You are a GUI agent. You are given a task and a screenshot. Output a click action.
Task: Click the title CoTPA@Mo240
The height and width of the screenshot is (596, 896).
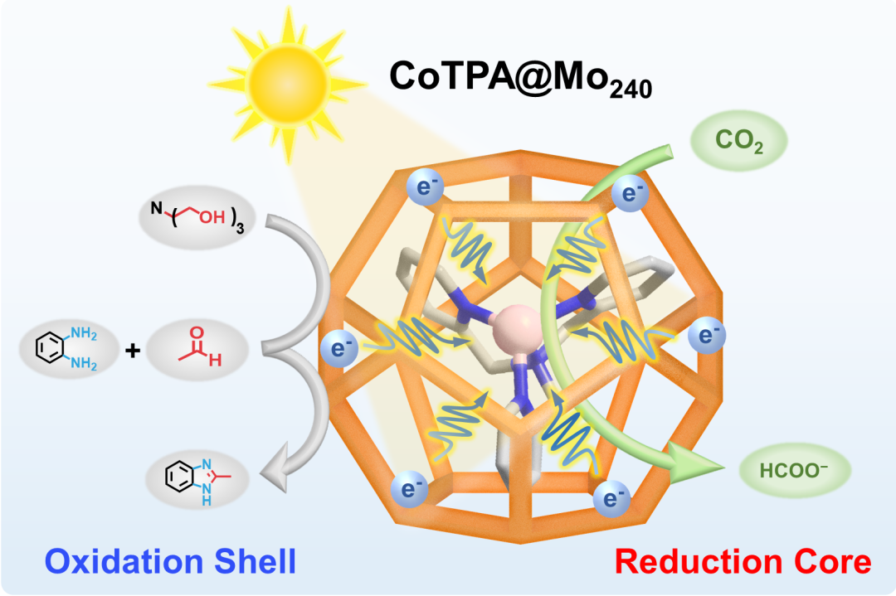521,80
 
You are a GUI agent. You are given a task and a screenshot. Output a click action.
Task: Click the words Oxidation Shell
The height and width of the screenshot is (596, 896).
170,562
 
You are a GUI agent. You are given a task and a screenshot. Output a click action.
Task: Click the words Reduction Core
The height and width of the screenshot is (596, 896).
743,562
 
